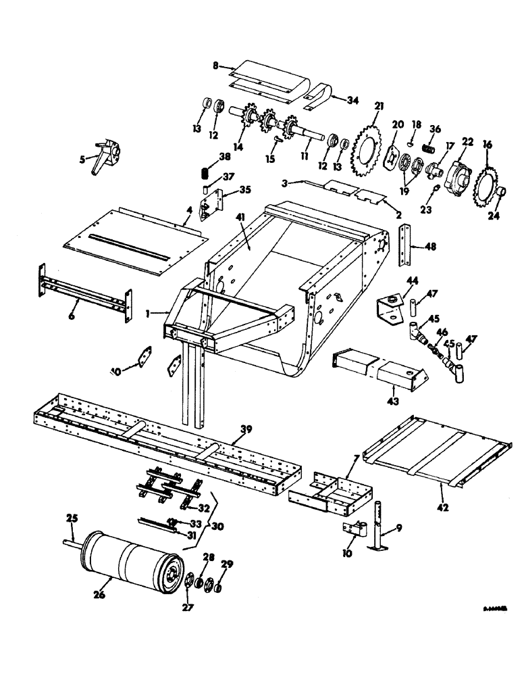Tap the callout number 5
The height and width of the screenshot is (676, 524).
(x=83, y=160)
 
